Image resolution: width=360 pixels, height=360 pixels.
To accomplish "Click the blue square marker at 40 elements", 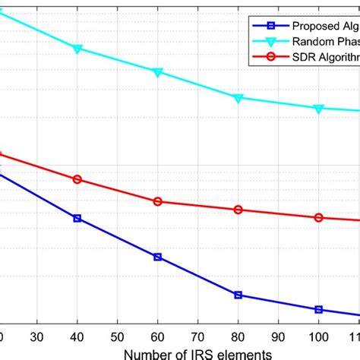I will pos(77,218).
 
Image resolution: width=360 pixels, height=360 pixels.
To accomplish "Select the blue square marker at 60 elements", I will pos(158,257).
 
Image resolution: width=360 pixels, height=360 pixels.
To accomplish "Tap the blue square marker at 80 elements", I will pos(238,295).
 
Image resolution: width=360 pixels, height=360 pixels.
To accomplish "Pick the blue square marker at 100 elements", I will pos(319,309).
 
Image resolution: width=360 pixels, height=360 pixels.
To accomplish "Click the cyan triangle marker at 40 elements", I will pos(77,49).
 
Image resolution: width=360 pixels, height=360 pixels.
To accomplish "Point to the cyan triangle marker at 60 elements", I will pos(158,72).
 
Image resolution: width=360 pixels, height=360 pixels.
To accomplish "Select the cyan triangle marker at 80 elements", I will pos(238,98).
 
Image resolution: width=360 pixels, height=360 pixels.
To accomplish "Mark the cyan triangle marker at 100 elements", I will pos(319,109).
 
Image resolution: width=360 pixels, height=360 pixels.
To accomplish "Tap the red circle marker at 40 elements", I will pos(77,179).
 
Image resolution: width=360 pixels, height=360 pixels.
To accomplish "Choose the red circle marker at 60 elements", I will pos(158,201).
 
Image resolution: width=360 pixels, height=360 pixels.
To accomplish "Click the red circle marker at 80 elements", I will pos(238,210).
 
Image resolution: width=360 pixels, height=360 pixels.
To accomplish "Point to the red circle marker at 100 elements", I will pos(319,218).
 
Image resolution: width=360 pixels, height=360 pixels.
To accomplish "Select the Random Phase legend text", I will pos(323,40).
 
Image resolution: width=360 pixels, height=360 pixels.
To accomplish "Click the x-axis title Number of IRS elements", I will pos(197,353).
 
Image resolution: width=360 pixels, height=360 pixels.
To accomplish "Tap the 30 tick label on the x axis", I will pos(37,336).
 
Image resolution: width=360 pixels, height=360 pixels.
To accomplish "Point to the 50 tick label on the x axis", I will pos(118,336).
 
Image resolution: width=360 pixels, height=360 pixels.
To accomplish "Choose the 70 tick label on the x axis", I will pos(198,336).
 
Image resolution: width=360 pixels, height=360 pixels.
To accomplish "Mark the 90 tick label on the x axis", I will pos(279,336).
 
